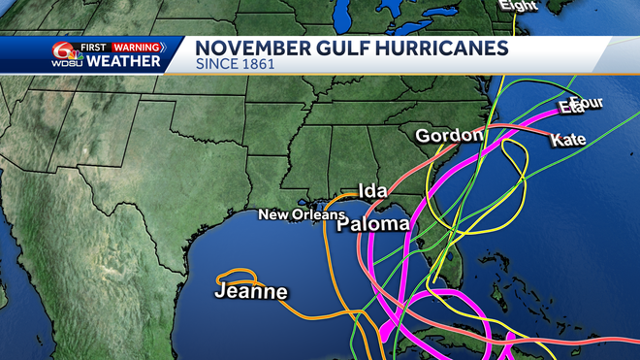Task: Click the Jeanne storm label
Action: pos(251,291)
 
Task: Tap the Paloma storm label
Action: pos(373,225)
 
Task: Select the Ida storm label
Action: pos(373,190)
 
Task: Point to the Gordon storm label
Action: pos(449,136)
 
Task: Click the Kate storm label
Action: pos(568,140)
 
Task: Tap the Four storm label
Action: pos(588,103)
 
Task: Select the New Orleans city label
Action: pos(301,214)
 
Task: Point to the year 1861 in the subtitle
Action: pos(255,65)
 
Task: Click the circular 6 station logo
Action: pos(64,51)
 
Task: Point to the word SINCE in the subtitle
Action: pos(214,65)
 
